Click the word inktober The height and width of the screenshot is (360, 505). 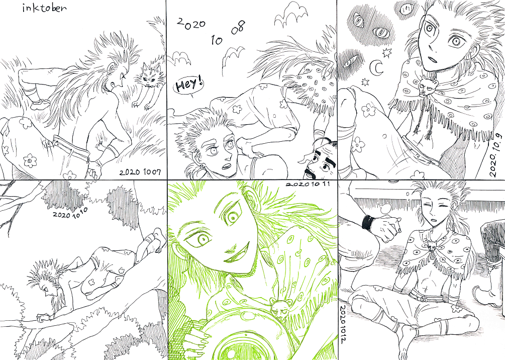coord(44,8)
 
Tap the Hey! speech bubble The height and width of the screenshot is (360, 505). coord(189,85)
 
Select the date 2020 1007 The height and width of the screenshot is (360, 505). coord(140,172)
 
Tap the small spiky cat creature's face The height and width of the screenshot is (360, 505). coord(148,77)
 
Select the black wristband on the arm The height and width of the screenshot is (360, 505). coord(368,222)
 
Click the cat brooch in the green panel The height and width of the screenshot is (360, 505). coord(278,307)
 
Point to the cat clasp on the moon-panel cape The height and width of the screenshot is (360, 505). coord(428,86)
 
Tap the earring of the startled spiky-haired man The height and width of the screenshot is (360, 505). coord(203,168)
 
